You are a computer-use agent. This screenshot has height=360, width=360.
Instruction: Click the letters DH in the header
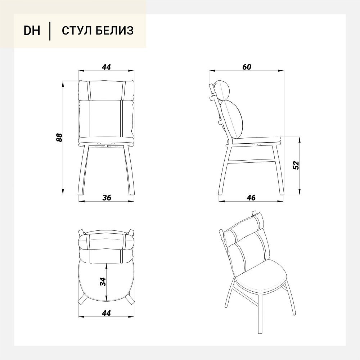[32, 31]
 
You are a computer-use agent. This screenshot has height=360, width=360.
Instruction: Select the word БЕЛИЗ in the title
[114, 31]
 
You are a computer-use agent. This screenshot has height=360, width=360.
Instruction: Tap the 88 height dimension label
[59, 137]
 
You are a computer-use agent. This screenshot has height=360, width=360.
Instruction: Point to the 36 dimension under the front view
[107, 197]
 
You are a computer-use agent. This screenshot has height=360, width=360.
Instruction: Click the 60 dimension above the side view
[247, 67]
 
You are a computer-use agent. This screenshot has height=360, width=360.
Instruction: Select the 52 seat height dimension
[296, 165]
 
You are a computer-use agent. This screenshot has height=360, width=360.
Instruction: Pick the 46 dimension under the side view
[251, 197]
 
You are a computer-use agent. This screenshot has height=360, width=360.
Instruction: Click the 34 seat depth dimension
[103, 282]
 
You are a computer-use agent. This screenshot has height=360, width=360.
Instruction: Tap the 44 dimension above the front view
[106, 67]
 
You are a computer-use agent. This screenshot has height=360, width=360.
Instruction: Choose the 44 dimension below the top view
[106, 313]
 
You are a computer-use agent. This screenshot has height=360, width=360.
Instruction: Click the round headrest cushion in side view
[222, 90]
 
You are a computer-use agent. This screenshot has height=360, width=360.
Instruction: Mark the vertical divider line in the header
[50, 31]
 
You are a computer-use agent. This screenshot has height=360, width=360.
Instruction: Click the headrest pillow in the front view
[106, 90]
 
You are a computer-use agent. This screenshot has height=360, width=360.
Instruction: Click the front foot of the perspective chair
[260, 332]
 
